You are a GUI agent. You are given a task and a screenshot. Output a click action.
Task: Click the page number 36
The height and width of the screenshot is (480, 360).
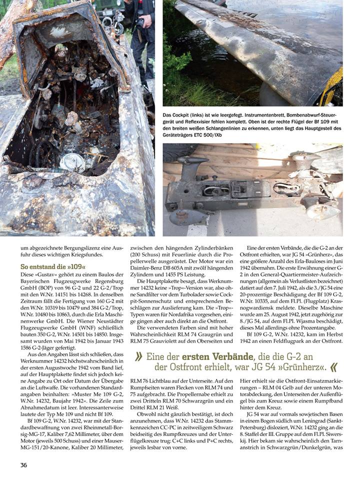(x=23, y=465)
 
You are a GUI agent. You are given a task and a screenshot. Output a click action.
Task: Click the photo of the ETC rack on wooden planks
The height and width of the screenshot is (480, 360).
(x=252, y=190)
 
